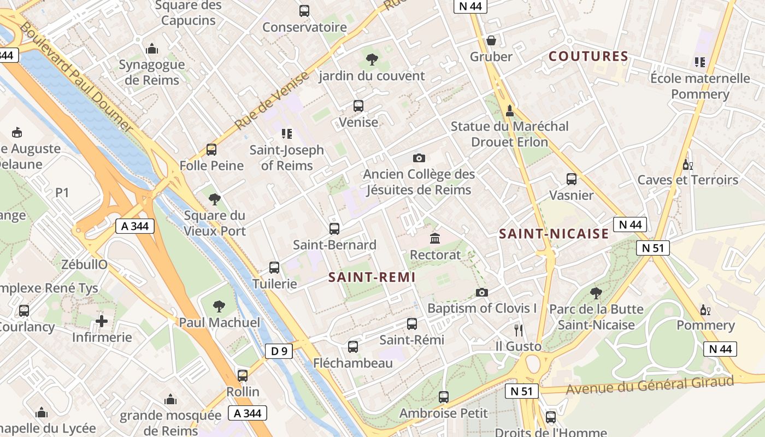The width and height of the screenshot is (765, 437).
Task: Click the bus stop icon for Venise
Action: click(358, 106)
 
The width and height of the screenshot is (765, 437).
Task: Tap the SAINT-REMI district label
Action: click(372, 277)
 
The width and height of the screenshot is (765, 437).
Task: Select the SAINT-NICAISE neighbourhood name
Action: click(554, 234)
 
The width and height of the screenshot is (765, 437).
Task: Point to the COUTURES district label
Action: click(589, 56)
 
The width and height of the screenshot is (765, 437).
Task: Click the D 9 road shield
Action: click(279, 351)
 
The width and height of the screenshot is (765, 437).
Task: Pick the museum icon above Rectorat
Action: click(435, 239)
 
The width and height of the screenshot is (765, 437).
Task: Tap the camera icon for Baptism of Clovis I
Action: click(481, 292)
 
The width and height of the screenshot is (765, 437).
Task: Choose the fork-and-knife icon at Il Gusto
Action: click(518, 330)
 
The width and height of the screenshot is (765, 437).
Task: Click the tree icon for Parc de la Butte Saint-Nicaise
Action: click(596, 293)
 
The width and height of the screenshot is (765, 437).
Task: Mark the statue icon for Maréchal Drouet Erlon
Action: click(509, 110)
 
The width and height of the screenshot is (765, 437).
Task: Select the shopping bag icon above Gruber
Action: click(491, 40)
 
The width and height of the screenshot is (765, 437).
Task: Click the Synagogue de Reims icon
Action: click(152, 49)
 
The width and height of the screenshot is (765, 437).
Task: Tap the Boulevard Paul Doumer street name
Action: click(76, 77)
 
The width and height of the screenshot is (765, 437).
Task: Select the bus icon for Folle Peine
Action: click(211, 150)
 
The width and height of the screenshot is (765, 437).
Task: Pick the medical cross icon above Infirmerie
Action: click(102, 321)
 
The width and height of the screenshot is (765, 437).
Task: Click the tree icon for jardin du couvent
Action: click(372, 59)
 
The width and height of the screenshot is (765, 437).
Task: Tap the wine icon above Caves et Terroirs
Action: click(687, 164)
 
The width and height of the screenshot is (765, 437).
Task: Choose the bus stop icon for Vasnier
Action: click(571, 179)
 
